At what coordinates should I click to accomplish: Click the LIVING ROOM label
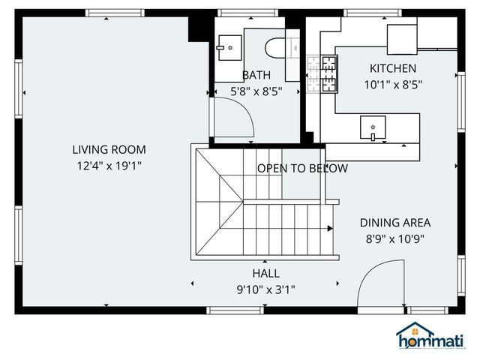[109, 149]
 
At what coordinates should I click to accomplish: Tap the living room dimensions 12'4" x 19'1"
[109, 166]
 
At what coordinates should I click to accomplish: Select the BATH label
[256, 75]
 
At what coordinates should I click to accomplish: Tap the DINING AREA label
[394, 223]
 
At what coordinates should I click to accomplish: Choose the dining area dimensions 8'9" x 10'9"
[394, 239]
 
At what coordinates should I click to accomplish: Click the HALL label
[265, 273]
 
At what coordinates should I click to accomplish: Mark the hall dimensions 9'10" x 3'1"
[265, 289]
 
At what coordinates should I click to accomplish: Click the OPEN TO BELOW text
[302, 168]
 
